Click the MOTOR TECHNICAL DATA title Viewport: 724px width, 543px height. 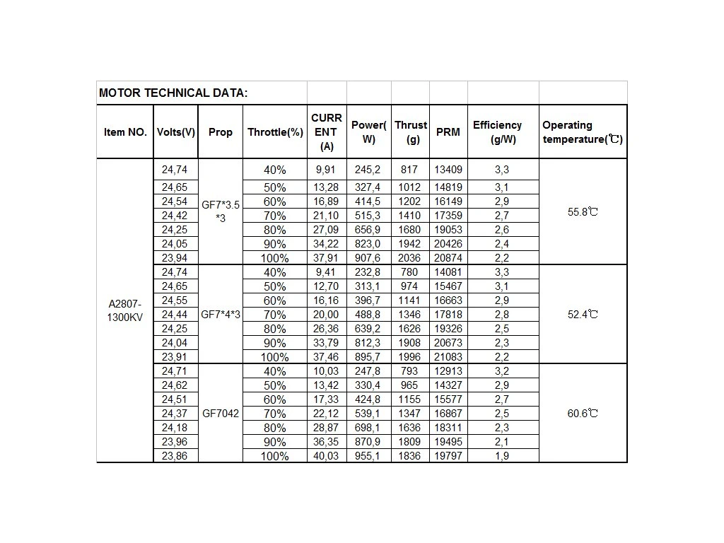(x=173, y=93)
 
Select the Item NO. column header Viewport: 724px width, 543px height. (x=125, y=132)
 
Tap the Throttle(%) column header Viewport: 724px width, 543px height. (x=275, y=132)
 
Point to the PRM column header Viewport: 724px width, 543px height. (x=448, y=132)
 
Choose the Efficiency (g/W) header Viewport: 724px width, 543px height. (x=503, y=132)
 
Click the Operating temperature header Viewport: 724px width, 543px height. (x=583, y=132)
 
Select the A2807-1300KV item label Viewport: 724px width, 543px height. (x=125, y=310)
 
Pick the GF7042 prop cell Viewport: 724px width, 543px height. (x=221, y=413)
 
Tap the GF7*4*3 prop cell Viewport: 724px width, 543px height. (x=221, y=314)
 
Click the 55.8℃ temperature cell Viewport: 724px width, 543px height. (x=583, y=212)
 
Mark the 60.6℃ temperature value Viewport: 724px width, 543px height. (x=583, y=413)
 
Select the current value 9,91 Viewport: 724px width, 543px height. (x=327, y=170)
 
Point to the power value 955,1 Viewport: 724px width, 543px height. (x=368, y=456)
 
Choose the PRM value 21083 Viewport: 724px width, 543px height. (x=448, y=357)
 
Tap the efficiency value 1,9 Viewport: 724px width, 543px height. (x=503, y=456)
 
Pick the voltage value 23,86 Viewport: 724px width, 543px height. (x=175, y=456)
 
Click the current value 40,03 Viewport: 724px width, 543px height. (x=327, y=456)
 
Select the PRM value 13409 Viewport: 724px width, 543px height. (x=448, y=170)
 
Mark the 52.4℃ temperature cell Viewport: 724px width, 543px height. (x=583, y=314)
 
